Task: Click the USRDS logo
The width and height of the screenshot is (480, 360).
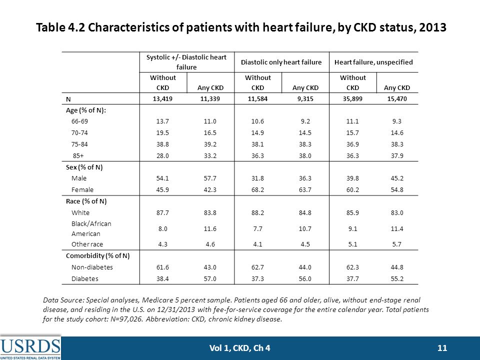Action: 30,348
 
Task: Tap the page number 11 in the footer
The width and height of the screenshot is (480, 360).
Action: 442,348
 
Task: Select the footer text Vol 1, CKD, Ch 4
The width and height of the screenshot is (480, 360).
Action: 239,348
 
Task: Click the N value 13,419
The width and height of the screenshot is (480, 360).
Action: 162,99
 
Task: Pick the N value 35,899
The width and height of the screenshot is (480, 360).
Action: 352,99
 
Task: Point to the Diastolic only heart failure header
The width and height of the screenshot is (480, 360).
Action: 281,62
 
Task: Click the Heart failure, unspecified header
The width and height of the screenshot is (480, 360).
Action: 373,62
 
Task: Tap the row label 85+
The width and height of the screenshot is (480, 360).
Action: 78,155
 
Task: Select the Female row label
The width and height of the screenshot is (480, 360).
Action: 82,190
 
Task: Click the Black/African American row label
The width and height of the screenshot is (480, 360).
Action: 91,228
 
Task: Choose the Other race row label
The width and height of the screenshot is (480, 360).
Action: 87,244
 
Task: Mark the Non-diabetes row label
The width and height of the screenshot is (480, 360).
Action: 92,267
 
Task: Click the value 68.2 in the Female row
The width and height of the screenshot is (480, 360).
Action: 258,190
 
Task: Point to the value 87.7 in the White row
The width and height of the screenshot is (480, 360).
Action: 162,213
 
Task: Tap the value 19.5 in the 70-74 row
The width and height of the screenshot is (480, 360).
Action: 162,133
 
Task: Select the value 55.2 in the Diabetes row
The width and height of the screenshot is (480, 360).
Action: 397,278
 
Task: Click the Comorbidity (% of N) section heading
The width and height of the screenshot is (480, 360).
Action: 97,256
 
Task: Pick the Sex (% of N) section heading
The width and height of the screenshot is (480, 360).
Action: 84,167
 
